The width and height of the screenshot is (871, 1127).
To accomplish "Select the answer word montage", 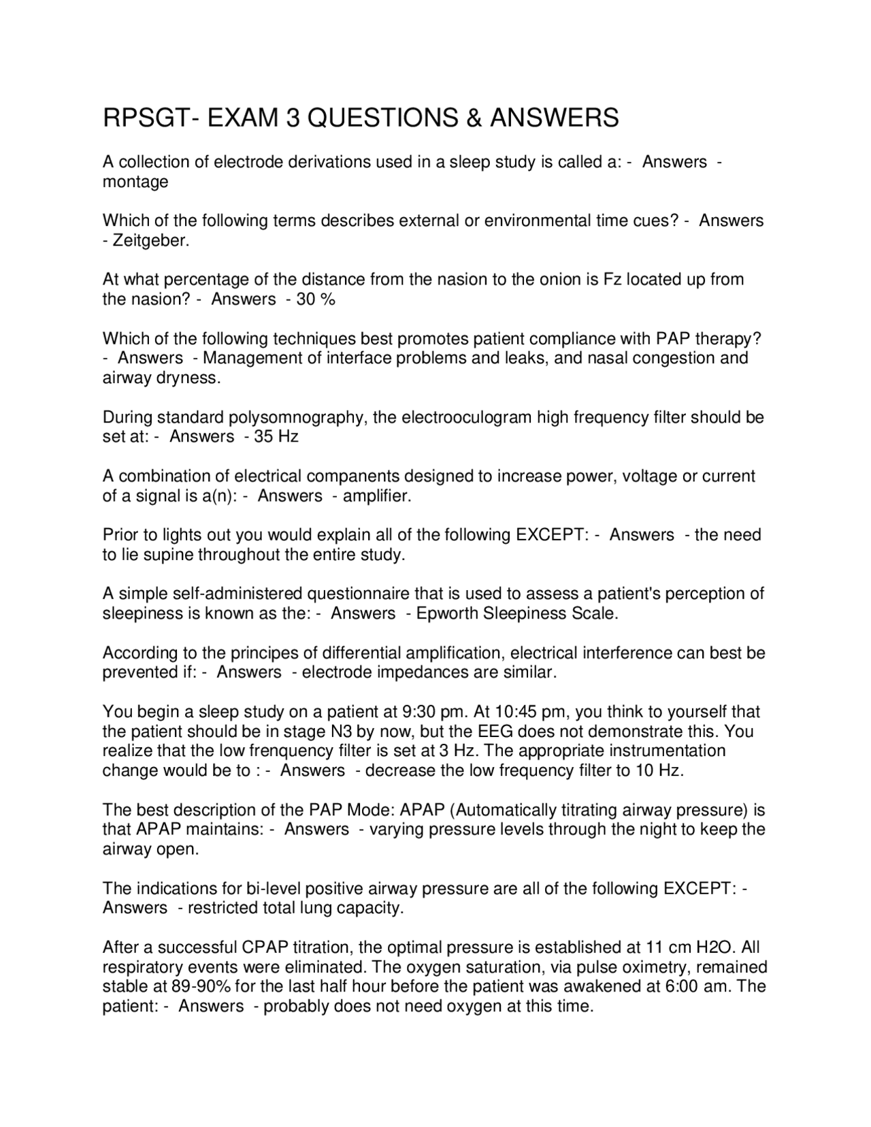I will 135,182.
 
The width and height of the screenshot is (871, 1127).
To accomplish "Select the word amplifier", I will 376,496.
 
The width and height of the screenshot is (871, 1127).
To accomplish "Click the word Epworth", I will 446,614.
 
